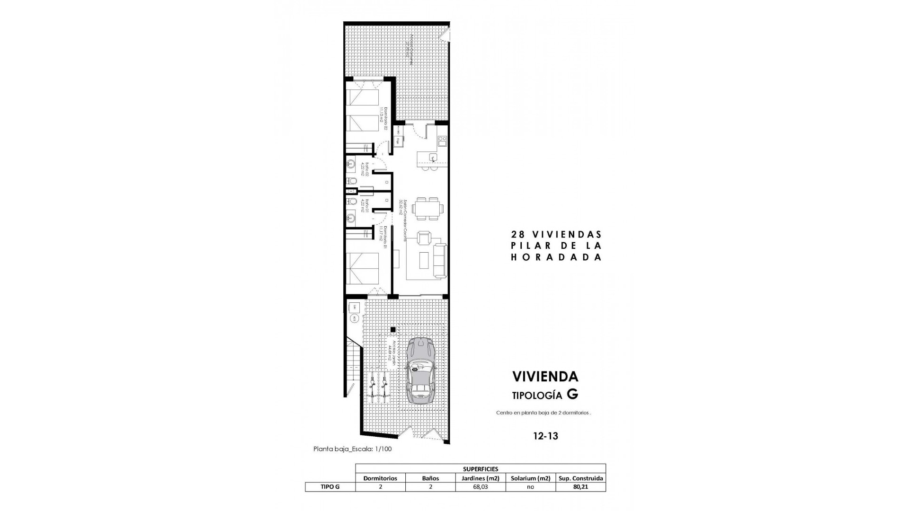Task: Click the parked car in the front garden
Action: pyautogui.click(x=421, y=370)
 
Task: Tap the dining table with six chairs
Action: pyautogui.click(x=428, y=208)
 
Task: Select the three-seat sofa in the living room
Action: pyautogui.click(x=440, y=260)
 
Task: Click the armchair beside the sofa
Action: pyautogui.click(x=424, y=238)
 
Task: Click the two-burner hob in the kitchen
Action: pyautogui.click(x=443, y=140)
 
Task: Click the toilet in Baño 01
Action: pyautogui.click(x=352, y=202)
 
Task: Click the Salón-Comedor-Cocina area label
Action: pyautogui.click(x=403, y=220)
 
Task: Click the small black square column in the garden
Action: pyautogui.click(x=392, y=329)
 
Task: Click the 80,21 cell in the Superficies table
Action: pyautogui.click(x=580, y=487)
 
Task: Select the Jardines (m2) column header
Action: pyautogui.click(x=480, y=478)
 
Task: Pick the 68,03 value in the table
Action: pyautogui.click(x=480, y=487)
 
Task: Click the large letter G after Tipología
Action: pyautogui.click(x=572, y=394)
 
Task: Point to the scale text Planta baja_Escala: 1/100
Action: pyautogui.click(x=352, y=449)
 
